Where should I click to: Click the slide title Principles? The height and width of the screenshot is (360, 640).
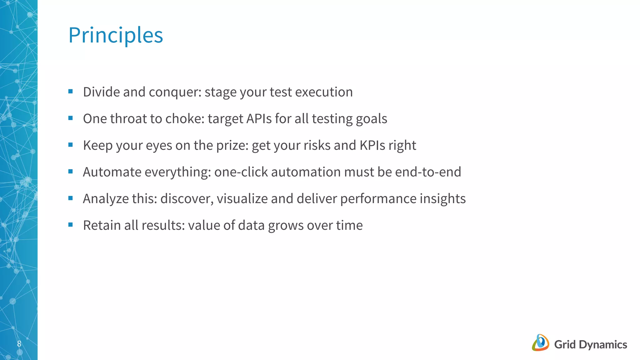pos(116,35)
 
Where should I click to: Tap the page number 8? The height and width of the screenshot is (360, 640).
pos(19,344)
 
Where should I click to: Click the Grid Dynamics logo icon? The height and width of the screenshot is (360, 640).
pos(540,343)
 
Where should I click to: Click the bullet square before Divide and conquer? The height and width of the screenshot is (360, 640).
pos(70,92)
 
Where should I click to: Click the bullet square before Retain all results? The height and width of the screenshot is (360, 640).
pos(70,225)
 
